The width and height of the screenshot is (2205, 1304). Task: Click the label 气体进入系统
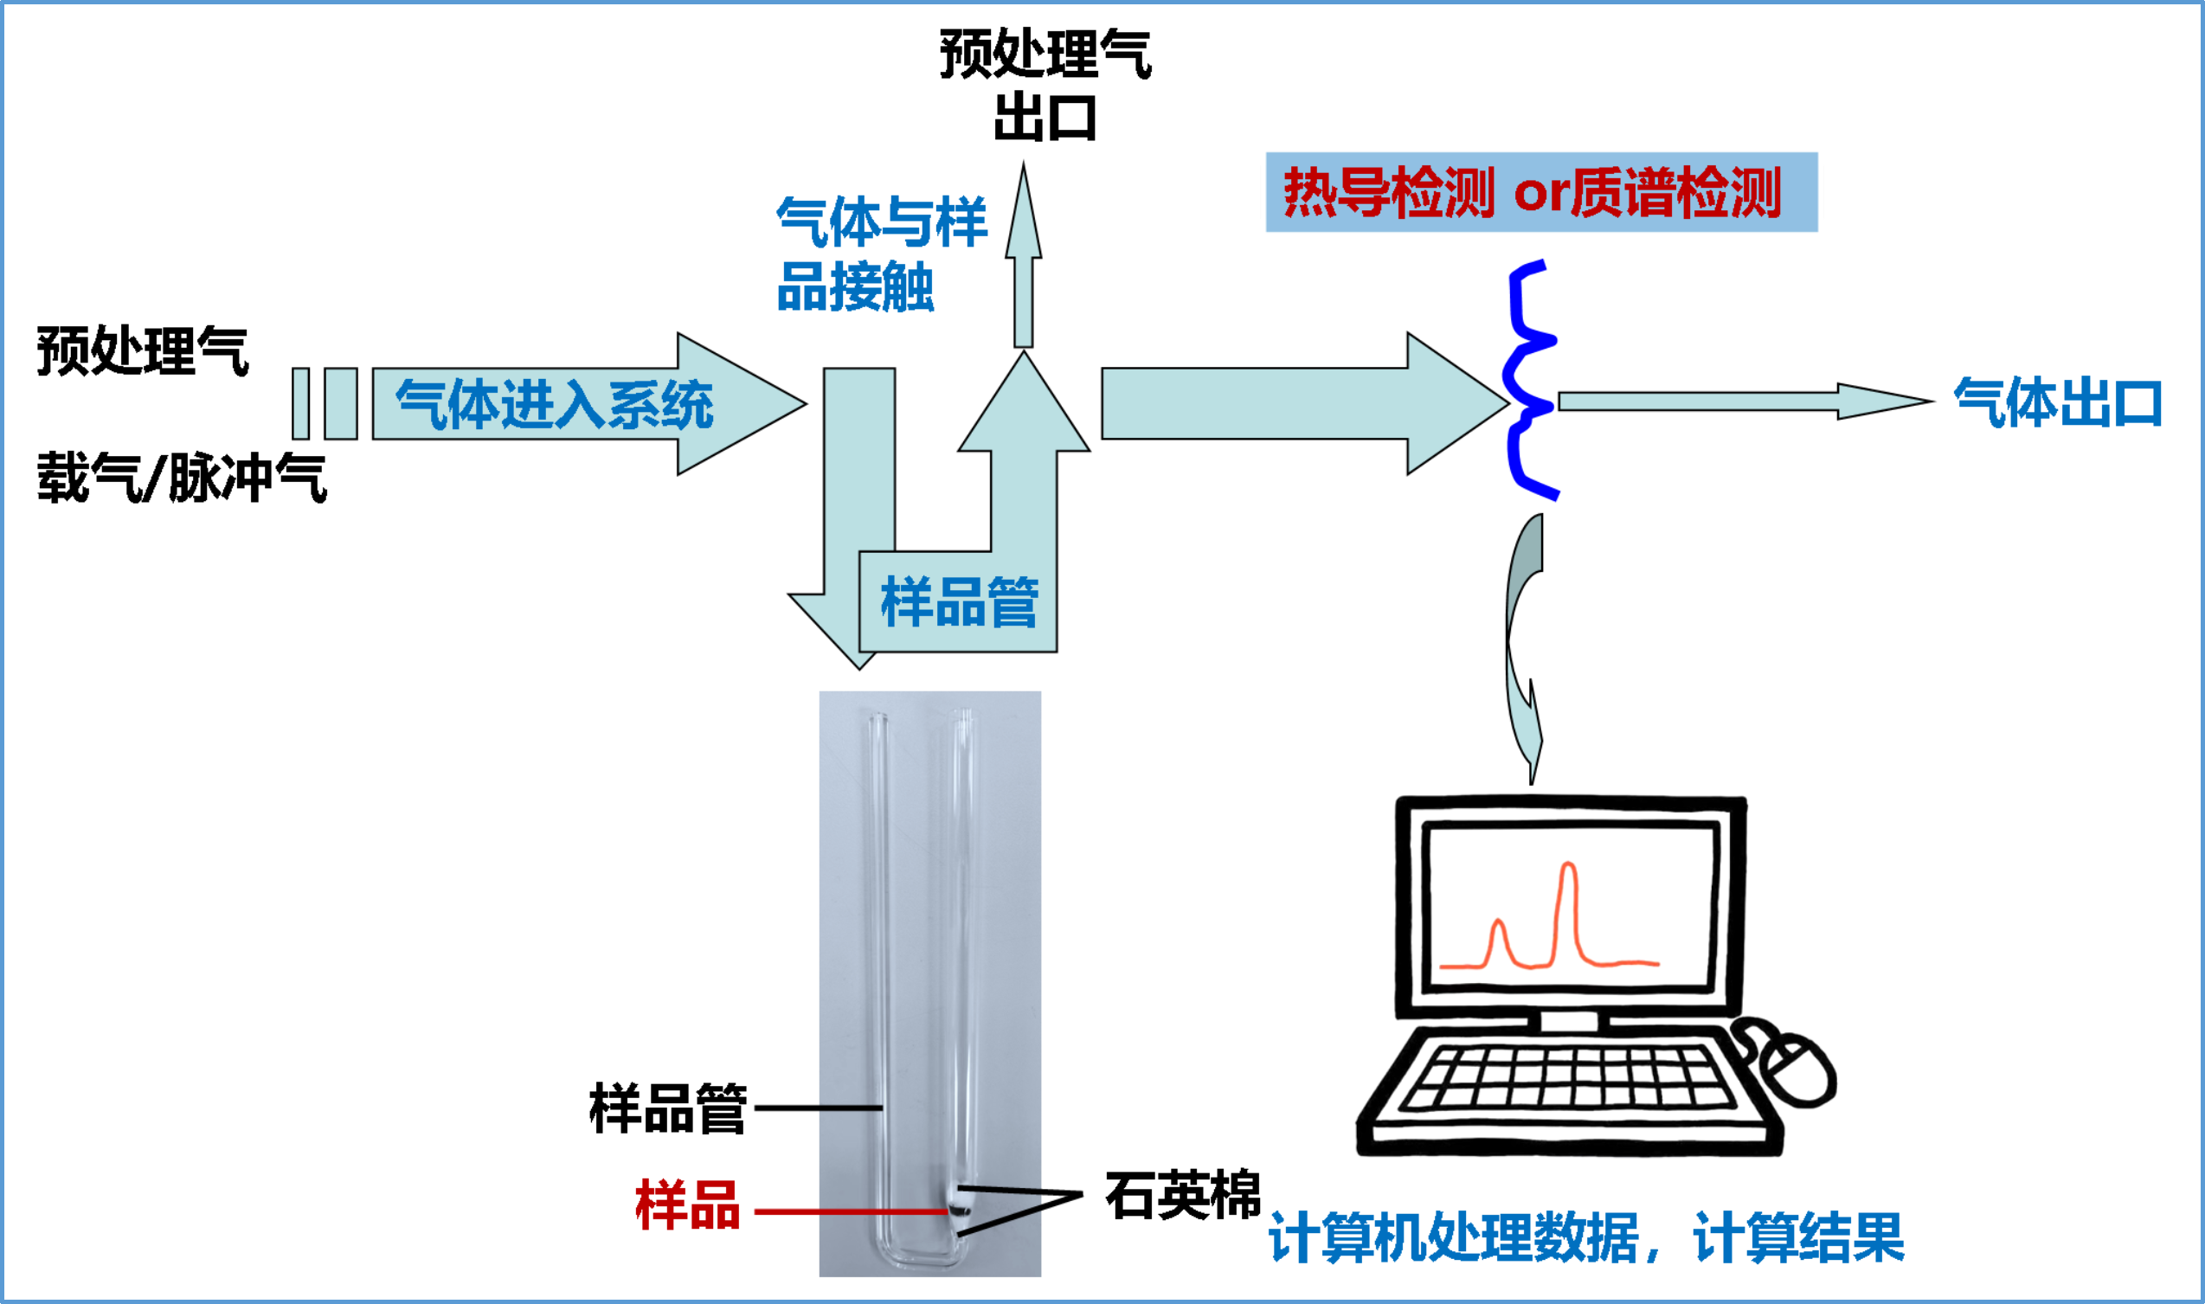[554, 405]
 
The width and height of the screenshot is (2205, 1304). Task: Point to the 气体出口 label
[2056, 403]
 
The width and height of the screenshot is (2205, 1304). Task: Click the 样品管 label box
[959, 603]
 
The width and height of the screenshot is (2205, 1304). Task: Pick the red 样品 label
[687, 1205]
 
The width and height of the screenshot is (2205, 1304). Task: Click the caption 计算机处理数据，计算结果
[1586, 1237]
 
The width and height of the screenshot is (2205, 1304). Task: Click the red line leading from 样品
[848, 1211]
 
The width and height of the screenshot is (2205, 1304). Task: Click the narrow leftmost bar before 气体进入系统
[300, 403]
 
